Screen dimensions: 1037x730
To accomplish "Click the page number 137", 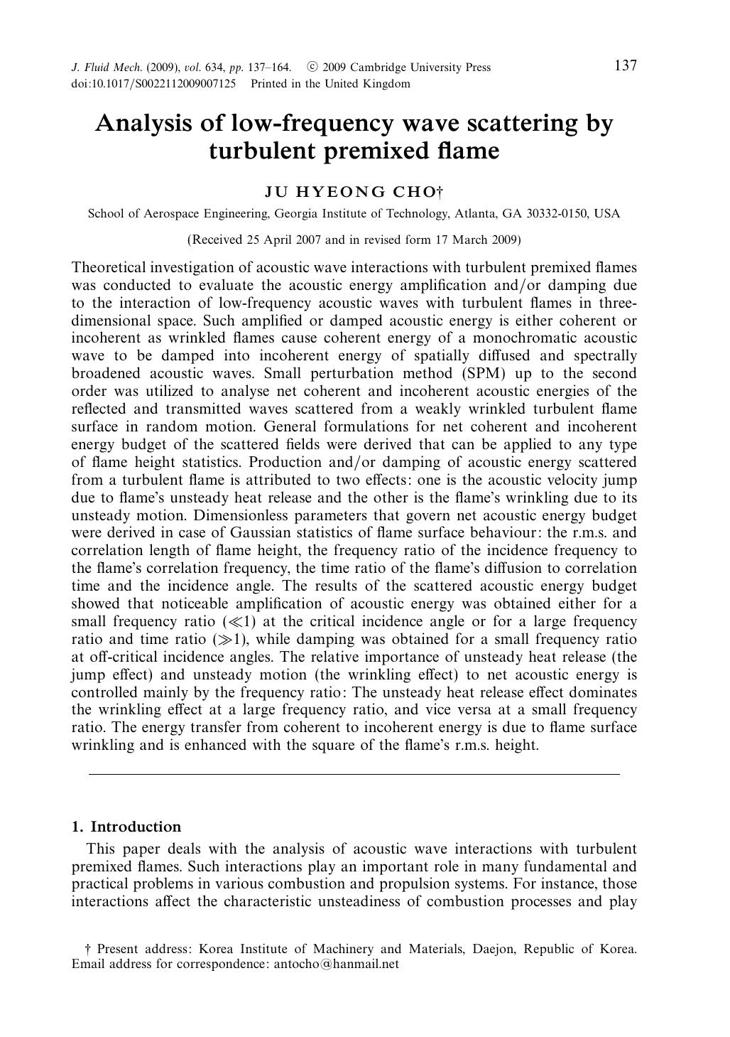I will tap(625, 66).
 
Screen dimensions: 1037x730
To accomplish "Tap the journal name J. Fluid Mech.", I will tap(107, 68).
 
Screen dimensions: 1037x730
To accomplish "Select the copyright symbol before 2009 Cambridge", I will tap(312, 68).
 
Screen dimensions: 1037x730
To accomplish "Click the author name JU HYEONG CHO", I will tap(350, 192).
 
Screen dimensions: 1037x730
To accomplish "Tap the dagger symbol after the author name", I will tap(440, 190).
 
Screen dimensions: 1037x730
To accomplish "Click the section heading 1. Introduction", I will tap(126, 827).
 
